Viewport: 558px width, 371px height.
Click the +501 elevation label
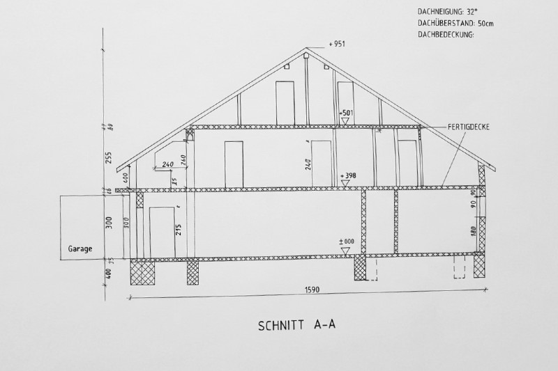(x=347, y=112)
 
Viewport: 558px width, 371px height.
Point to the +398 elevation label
(x=347, y=175)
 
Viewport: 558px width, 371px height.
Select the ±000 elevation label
(x=347, y=241)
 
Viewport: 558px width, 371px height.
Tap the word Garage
(x=80, y=247)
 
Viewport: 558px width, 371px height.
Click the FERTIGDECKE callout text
(x=470, y=127)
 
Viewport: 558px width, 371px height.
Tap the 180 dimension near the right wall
(x=474, y=232)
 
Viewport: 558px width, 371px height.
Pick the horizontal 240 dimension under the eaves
(x=167, y=165)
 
